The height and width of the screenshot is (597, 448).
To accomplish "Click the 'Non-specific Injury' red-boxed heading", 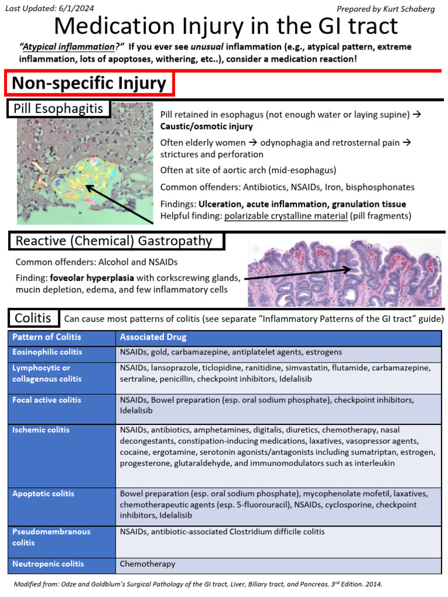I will pyautogui.click(x=89, y=83).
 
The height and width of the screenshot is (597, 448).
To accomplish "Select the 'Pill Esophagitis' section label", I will pyautogui.click(x=58, y=108).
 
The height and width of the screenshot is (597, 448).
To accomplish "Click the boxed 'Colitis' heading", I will pyautogui.click(x=33, y=318).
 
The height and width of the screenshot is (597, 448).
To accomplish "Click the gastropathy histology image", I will pyautogui.click(x=344, y=272).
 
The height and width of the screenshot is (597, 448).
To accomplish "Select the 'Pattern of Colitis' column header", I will pyautogui.click(x=47, y=337).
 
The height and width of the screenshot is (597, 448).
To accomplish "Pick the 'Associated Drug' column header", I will pyautogui.click(x=153, y=337).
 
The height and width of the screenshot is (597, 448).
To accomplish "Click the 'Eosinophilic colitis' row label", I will pyautogui.click(x=48, y=352).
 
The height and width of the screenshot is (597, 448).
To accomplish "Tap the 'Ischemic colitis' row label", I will pyautogui.click(x=41, y=430).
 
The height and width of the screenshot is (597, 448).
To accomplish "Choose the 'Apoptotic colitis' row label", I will pyautogui.click(x=44, y=494).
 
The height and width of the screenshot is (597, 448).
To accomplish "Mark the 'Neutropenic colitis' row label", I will pyautogui.click(x=48, y=564).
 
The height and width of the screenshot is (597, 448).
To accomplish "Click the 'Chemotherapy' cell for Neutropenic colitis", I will pyautogui.click(x=148, y=564).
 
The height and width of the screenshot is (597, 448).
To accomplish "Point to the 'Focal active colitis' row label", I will pyautogui.click(x=47, y=400).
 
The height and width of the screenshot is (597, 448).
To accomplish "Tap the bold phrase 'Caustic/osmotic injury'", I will pyautogui.click(x=206, y=127).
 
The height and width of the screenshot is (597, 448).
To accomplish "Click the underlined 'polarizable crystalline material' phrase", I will pyautogui.click(x=287, y=216).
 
